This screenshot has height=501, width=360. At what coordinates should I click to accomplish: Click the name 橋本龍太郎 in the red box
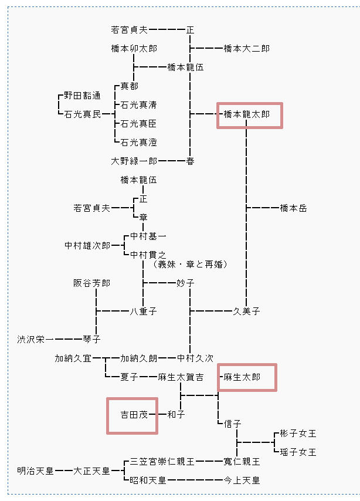pyautogui.click(x=247, y=114)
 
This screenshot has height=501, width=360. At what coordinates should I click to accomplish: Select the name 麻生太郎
pyautogui.click(x=242, y=377)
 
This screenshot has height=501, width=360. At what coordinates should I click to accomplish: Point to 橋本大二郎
pyautogui.click(x=247, y=49)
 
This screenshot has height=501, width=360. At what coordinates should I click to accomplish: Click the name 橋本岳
pyautogui.click(x=293, y=208)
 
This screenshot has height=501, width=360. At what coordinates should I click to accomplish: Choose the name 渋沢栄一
pyautogui.click(x=35, y=340)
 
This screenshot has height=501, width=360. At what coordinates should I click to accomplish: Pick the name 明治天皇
pyautogui.click(x=35, y=470)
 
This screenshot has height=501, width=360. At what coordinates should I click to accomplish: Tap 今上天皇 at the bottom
pyautogui.click(x=242, y=480)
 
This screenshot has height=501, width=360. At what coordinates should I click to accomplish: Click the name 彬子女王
pyautogui.click(x=298, y=434)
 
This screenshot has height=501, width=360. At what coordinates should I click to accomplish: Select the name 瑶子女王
pyautogui.click(x=298, y=452)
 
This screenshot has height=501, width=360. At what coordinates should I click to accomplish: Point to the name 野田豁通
pyautogui.click(x=82, y=96)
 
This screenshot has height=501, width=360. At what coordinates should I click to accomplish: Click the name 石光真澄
pyautogui.click(x=138, y=143)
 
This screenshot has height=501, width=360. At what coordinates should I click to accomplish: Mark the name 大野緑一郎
pyautogui.click(x=134, y=161)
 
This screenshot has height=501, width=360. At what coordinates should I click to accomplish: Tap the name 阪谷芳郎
pyautogui.click(x=91, y=283)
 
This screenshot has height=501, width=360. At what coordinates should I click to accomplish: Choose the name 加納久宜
pyautogui.click(x=73, y=358)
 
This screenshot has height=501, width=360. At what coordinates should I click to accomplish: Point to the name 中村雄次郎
pyautogui.click(x=87, y=246)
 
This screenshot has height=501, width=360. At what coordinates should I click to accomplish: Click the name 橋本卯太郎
pyautogui.click(x=134, y=49)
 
